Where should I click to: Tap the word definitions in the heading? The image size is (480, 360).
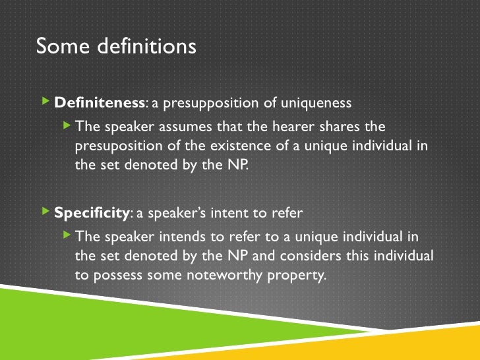[145, 47]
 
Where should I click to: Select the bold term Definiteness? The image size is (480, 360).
[100, 103]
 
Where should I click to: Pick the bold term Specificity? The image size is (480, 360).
[91, 213]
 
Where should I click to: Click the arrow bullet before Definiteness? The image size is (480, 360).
[45, 102]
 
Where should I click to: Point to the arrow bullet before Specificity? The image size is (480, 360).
[45, 212]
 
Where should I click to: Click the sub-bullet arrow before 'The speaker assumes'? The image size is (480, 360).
[66, 125]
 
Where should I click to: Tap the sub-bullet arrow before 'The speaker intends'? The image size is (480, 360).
[66, 235]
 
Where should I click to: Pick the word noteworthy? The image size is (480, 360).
[222, 275]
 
